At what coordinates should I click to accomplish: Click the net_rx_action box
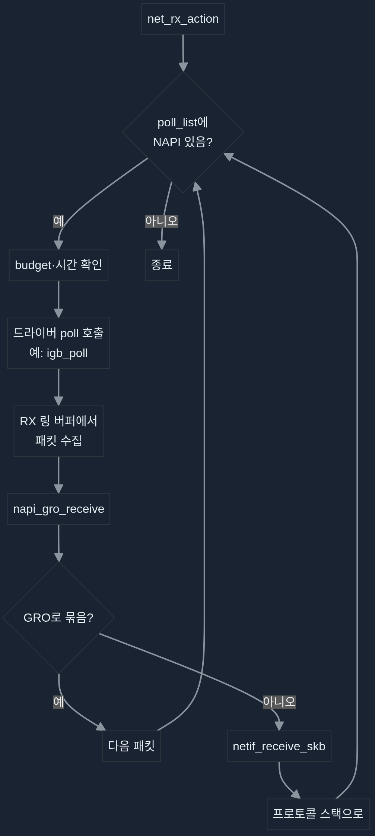(183, 19)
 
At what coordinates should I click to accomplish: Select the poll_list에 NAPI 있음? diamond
(183, 132)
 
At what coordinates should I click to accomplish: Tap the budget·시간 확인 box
(58, 265)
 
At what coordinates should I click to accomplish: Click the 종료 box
(162, 265)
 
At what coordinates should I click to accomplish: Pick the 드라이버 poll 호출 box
(58, 343)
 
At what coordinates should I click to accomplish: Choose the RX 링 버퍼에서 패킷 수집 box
(58, 431)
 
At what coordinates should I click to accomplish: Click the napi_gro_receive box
(58, 509)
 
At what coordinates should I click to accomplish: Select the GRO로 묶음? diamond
(58, 618)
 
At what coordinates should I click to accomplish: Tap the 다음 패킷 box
(131, 746)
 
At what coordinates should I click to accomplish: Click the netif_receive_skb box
(279, 746)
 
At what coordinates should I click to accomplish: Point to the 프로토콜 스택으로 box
(318, 814)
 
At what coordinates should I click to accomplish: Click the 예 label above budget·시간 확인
(58, 221)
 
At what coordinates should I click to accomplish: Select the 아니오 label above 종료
(162, 221)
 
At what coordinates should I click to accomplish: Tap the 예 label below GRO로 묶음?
(58, 702)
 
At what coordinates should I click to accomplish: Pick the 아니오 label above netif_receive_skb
(279, 702)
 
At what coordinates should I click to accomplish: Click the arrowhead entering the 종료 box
(162, 245)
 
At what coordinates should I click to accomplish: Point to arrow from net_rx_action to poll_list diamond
(183, 52)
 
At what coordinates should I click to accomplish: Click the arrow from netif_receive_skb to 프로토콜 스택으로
(285, 783)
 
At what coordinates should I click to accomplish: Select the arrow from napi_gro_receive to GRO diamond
(58, 542)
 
